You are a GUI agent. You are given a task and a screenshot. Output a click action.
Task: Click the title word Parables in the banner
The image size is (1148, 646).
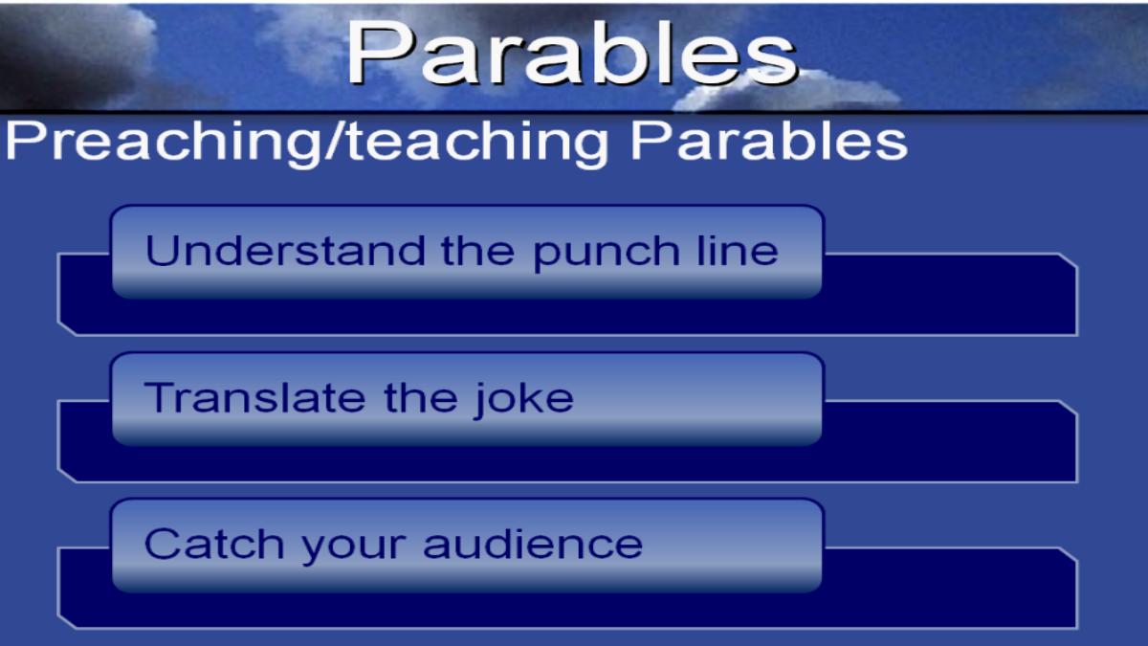point(572,53)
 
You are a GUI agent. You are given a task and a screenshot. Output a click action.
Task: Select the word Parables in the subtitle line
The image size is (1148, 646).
point(769,141)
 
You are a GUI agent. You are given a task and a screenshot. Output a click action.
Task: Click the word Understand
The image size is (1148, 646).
point(285,251)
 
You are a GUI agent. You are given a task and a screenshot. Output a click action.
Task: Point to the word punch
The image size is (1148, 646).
point(607,254)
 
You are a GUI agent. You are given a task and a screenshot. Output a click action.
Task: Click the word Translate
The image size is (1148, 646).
point(254,397)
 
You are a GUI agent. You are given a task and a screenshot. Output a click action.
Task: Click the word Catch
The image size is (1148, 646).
point(214,544)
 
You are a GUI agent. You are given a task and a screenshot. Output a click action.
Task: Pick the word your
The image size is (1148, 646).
point(354,547)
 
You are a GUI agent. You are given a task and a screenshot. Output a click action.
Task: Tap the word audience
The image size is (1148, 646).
point(533,544)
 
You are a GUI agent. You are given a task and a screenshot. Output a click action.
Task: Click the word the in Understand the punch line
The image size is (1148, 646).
point(477,251)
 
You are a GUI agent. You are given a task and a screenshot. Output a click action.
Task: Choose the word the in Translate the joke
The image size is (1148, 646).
point(420,397)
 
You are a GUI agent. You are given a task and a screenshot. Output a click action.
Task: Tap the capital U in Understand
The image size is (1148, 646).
point(161,251)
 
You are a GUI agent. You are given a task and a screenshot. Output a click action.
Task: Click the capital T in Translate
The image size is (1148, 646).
point(160,397)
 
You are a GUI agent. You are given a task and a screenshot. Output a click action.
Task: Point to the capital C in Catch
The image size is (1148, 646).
point(162,544)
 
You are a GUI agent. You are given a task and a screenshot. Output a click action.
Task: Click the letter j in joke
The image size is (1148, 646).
point(479,401)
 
